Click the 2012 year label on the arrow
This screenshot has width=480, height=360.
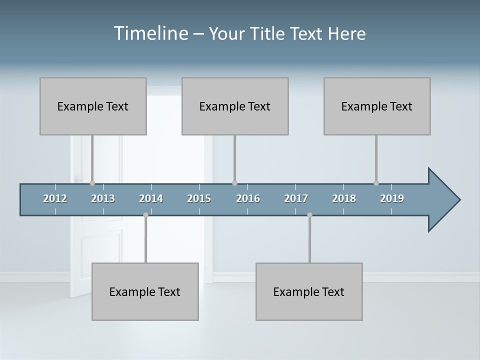pyautogui.click(x=55, y=198)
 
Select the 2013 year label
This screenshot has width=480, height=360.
pyautogui.click(x=103, y=198)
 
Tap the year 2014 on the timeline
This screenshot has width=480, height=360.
pyautogui.click(x=151, y=198)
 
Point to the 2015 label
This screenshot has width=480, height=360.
pyautogui.click(x=199, y=198)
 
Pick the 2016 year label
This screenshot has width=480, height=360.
pyautogui.click(x=248, y=198)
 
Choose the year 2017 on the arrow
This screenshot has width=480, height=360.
pyautogui.click(x=296, y=198)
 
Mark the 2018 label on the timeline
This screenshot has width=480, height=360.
pyautogui.click(x=344, y=198)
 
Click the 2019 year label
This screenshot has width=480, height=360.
pyautogui.click(x=392, y=198)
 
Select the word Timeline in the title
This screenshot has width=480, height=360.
pyautogui.click(x=150, y=33)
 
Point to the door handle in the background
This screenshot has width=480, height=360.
pyautogui.click(x=78, y=178)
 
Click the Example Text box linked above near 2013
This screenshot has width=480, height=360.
pyautogui.click(x=93, y=106)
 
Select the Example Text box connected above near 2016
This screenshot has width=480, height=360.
pyautogui.click(x=235, y=106)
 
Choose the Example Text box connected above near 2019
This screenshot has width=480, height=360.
pyautogui.click(x=377, y=106)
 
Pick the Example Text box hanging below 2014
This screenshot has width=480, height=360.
pyautogui.click(x=145, y=291)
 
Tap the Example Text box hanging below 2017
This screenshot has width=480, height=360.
pyautogui.click(x=309, y=291)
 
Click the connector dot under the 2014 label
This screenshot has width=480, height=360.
pyautogui.click(x=145, y=215)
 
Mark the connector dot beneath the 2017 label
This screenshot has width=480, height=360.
pyautogui.click(x=309, y=215)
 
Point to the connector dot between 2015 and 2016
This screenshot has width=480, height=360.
pyautogui.click(x=234, y=183)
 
